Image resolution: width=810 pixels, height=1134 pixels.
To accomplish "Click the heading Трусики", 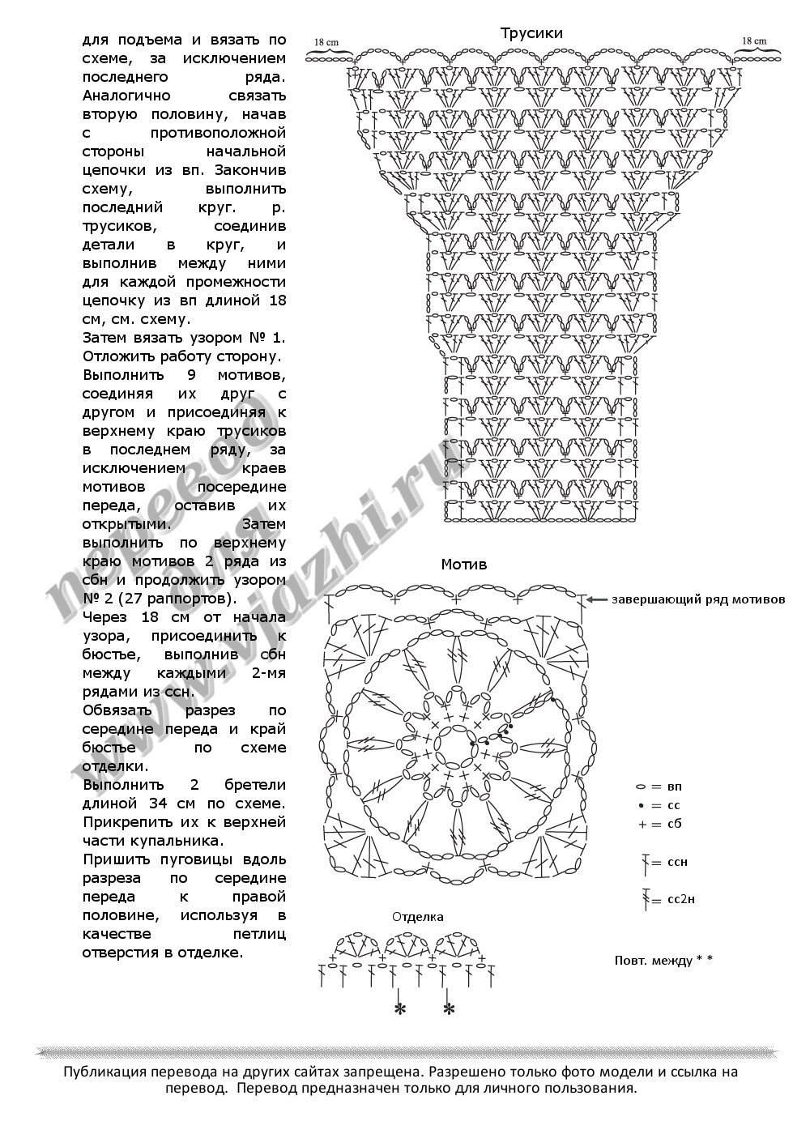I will pos(531,33).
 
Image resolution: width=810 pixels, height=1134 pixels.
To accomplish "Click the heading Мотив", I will pos(464,565).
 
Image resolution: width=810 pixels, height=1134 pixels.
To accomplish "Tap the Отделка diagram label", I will pos(418,917).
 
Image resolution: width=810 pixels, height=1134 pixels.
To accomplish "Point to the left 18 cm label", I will pos(326,41).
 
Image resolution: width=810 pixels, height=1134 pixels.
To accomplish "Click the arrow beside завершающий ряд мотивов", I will pos(597,600).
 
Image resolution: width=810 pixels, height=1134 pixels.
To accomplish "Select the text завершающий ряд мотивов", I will pos(698,600).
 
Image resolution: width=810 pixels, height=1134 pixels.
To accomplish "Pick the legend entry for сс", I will pos(661,806).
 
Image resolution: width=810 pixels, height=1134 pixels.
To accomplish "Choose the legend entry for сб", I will pos(661,824).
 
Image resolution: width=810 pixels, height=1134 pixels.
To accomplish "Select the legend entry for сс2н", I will pos(667,899).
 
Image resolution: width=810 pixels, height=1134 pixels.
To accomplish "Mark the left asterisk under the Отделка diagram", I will pos(399,1009).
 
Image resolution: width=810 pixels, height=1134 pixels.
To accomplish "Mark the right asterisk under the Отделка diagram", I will pos(449,1009).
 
